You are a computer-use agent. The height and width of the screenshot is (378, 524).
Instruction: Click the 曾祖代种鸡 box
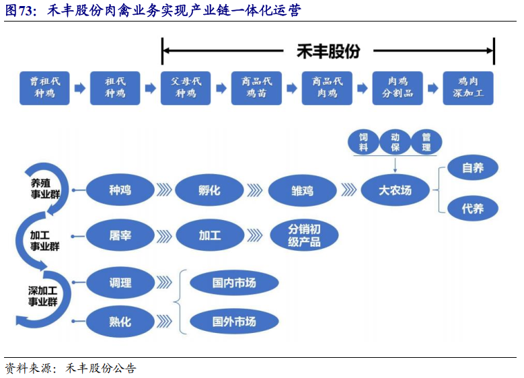44,88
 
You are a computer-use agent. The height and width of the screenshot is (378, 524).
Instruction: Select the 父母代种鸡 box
186,88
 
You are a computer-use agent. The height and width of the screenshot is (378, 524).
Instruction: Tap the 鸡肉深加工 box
468,88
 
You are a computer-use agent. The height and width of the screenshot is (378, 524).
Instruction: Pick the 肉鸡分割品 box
398,88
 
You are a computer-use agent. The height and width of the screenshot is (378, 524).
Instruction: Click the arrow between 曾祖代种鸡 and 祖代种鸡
80,88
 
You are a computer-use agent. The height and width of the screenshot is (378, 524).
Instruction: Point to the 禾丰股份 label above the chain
328,51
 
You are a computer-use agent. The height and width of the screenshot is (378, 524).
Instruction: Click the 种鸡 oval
120,190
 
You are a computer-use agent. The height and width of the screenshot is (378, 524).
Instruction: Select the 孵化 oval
209,190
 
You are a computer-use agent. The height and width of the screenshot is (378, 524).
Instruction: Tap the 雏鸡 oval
302,190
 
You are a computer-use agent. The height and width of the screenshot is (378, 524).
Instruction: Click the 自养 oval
473,168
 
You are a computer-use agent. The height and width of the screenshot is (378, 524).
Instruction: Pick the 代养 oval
473,209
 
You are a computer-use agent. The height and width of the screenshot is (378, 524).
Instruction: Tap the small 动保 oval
395,142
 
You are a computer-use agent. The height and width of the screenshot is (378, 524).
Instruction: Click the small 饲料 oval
363,142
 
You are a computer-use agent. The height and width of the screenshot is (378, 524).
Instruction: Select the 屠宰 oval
120,235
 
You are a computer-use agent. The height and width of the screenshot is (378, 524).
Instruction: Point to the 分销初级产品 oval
304,235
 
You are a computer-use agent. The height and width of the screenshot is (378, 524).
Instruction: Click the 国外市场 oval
234,322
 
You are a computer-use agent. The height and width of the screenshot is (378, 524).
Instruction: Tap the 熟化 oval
120,322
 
